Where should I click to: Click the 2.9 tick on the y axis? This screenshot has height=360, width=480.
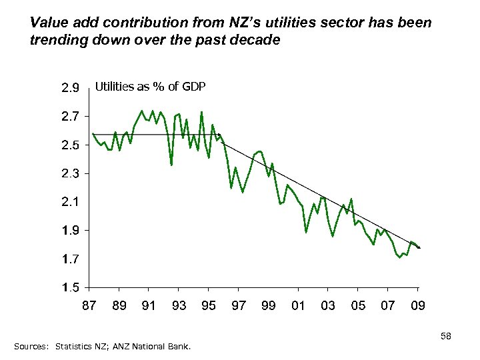coord(71,88)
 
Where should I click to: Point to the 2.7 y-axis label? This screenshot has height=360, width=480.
coord(71,117)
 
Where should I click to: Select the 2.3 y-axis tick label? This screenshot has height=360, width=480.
coord(71,174)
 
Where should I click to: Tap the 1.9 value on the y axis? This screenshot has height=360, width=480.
coord(71,231)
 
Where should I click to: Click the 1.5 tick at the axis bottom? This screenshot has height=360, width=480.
coord(71,288)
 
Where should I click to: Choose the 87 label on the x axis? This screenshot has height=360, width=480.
coord(89,306)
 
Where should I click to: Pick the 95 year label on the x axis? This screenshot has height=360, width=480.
coord(208,306)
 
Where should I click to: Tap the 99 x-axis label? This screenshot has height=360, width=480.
coord(268,306)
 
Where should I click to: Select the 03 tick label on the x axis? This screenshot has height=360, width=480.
coord(328,306)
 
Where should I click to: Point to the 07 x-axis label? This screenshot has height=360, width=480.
coord(387,306)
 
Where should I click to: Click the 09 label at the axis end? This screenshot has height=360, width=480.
coord(418,306)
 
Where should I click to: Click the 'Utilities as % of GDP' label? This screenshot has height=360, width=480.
coord(151,87)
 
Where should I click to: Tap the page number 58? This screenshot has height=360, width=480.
coord(446,337)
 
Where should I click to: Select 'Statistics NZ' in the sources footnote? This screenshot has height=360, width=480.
coord(80,347)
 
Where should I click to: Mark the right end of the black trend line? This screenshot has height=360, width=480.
coord(420,248)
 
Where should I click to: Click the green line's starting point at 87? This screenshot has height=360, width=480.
coord(93,134)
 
